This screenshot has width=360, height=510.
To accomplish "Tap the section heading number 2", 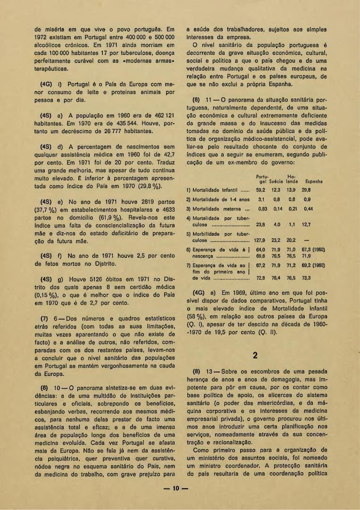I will [255, 356].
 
